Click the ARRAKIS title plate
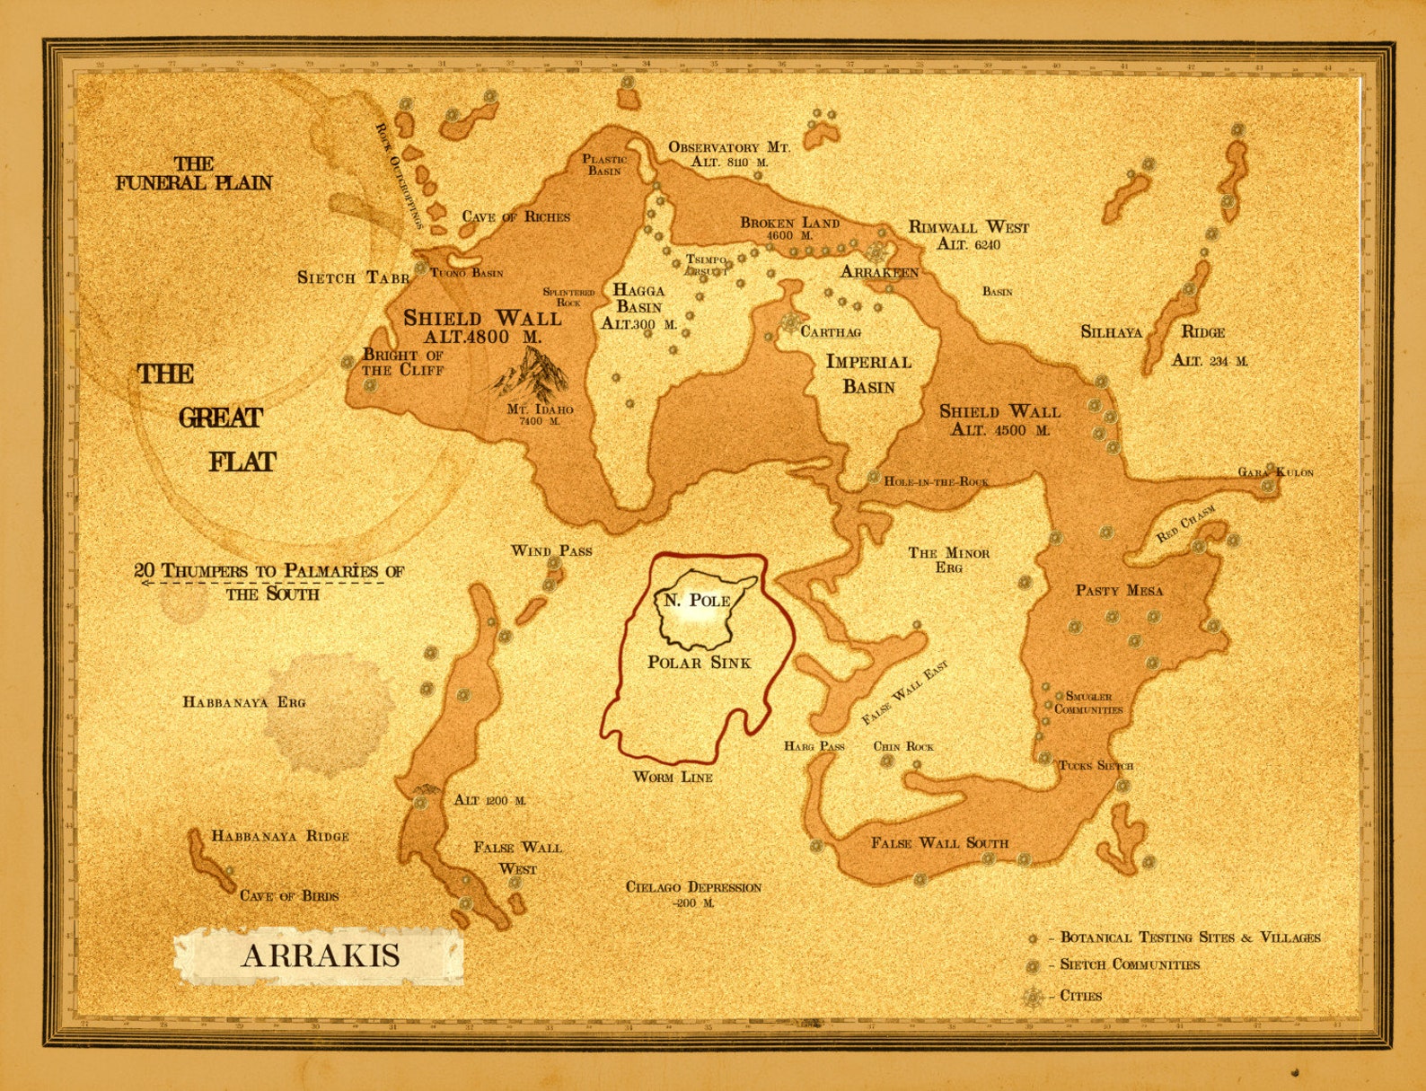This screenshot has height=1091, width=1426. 320,955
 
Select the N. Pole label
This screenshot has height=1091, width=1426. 697,601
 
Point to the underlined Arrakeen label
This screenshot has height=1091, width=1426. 879,272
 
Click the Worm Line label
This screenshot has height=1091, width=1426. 673,777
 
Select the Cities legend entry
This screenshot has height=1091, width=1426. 1080,996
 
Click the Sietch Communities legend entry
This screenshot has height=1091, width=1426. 1129,964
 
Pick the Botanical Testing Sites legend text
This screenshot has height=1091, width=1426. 1190,937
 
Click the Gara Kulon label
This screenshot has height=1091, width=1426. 1276,472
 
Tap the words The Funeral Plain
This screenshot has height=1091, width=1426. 193,174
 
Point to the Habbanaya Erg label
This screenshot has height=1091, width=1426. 244,702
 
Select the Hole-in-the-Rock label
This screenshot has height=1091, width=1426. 936,481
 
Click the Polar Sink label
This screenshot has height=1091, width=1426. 699,663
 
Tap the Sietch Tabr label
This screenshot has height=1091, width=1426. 353,277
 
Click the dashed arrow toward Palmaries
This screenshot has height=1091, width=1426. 260,583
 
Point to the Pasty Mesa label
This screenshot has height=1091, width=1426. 1119,591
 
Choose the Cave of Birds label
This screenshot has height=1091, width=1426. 289,895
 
